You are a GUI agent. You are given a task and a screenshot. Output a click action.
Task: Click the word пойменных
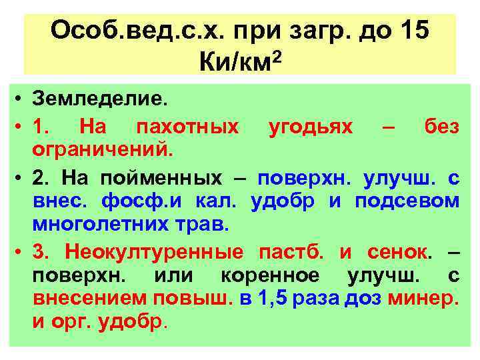click(161, 178)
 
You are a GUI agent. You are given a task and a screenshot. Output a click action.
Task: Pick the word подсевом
click(407, 201)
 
